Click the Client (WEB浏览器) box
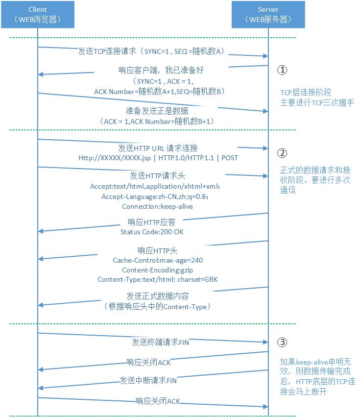point(38,14)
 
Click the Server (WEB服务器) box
point(268,14)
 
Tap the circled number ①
point(282,70)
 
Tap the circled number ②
point(282,153)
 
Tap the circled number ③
point(282,342)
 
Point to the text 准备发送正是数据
point(157,110)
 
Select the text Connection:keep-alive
point(157,206)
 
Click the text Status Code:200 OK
point(152,231)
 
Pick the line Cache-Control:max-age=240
point(158,260)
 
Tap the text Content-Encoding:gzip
point(158,270)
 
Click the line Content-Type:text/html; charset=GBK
point(158,279)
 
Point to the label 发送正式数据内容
point(158,296)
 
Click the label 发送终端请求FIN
point(160,342)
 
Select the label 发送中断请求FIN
point(148,380)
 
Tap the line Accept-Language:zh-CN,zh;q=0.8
point(155,196)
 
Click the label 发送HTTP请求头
point(158,175)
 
